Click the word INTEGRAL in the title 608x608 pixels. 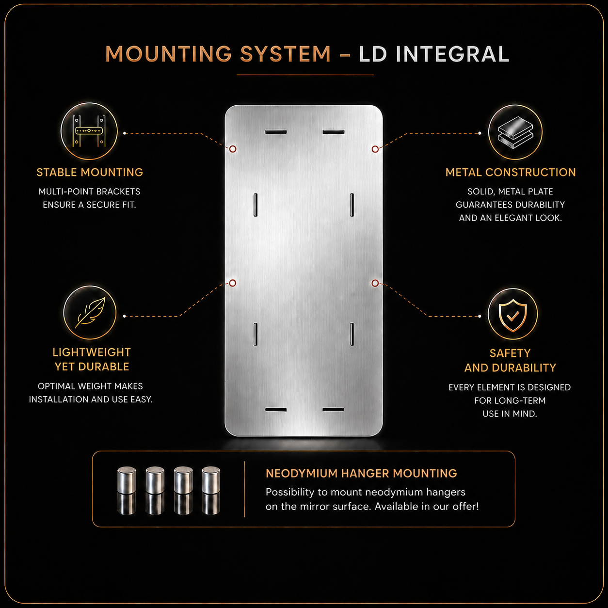pyautogui.click(x=452, y=54)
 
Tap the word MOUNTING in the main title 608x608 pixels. pyautogui.click(x=169, y=54)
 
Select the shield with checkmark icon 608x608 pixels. pyautogui.click(x=512, y=315)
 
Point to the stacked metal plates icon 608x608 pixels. pyautogui.click(x=515, y=132)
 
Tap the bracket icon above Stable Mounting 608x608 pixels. pyautogui.click(x=89, y=130)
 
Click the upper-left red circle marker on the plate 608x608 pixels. pyautogui.click(x=233, y=149)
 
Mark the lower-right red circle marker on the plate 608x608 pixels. pyautogui.click(x=375, y=283)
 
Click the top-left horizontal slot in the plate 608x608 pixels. pyautogui.click(x=276, y=131)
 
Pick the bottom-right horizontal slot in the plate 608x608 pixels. pyautogui.click(x=333, y=410)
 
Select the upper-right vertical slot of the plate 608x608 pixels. pyautogui.click(x=352, y=205)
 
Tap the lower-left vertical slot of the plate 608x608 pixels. pyautogui.click(x=256, y=334)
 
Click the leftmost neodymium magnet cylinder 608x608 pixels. pyautogui.click(x=127, y=480)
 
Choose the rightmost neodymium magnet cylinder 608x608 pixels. pyautogui.click(x=211, y=480)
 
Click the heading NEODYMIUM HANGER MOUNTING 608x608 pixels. pyautogui.click(x=361, y=473)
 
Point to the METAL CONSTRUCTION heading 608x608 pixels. pyautogui.click(x=511, y=172)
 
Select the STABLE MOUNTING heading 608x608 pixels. pyautogui.click(x=90, y=172)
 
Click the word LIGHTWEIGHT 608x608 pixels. pyautogui.click(x=92, y=352)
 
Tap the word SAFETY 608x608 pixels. pyautogui.click(x=510, y=353)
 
